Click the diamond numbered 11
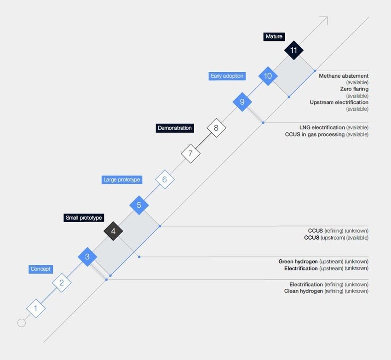[x=294, y=51]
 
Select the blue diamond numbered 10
[x=268, y=76]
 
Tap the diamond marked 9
[x=242, y=102]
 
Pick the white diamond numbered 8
[x=216, y=128]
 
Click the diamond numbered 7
[x=190, y=153]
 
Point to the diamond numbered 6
[x=165, y=179]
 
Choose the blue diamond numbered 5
[x=139, y=205]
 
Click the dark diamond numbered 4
[x=113, y=231]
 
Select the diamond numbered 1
[x=36, y=309]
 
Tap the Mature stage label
[x=274, y=37]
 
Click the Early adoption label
[x=227, y=76]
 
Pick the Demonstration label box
[x=174, y=128]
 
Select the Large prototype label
[x=122, y=180]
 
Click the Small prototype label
[x=84, y=218]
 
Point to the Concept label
[x=40, y=269]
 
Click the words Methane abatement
[x=343, y=76]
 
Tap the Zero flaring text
[x=354, y=89]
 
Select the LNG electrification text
[x=322, y=127]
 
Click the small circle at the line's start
[x=22, y=323]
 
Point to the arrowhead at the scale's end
[x=325, y=19]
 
